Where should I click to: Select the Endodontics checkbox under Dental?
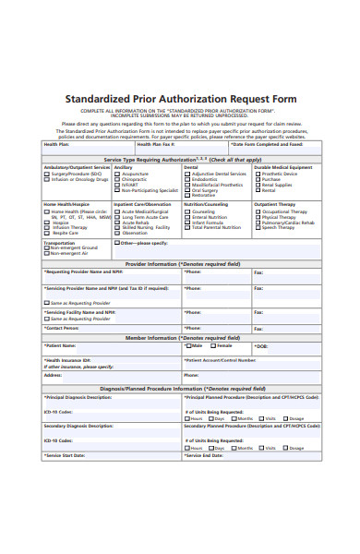pyautogui.click(x=187, y=178)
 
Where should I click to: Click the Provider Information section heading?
pyautogui.click(x=182, y=263)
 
